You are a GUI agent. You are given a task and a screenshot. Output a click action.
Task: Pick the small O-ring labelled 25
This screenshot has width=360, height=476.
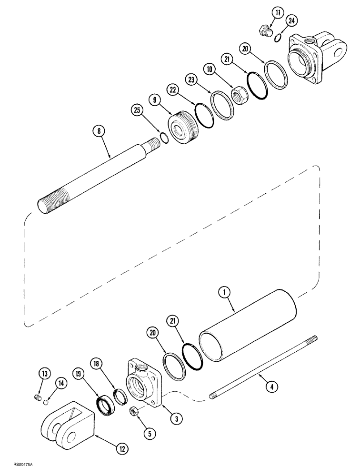[x=163, y=138]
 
